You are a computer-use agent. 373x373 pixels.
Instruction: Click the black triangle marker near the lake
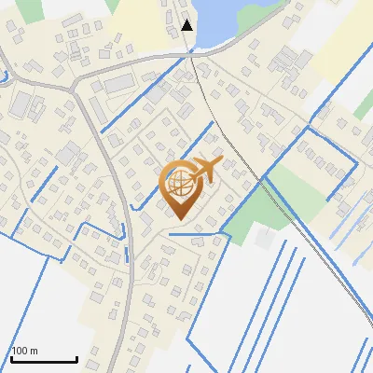187,25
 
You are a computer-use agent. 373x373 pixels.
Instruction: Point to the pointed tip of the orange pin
178,220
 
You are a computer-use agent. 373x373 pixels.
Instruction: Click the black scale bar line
44,360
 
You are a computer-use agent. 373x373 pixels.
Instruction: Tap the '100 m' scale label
24,351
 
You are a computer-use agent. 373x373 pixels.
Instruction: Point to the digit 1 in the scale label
14,351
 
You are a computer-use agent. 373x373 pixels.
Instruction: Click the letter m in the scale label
34,352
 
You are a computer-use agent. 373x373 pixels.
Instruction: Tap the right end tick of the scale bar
76,358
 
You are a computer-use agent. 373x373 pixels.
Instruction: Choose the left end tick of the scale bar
11,358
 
